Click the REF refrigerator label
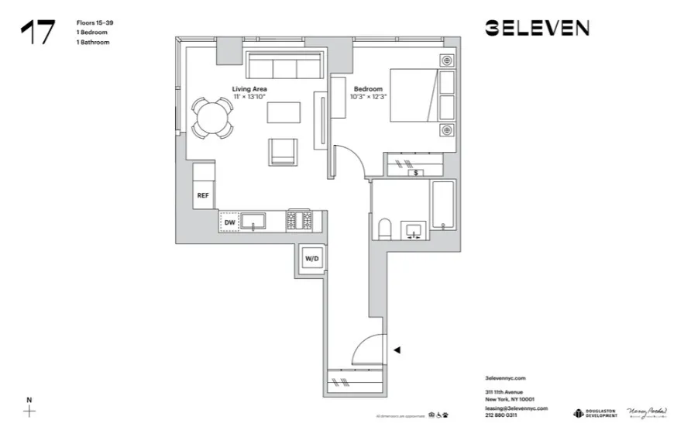203,195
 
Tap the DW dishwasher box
229,223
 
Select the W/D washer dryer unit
312,259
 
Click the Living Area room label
250,89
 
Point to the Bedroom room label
368,89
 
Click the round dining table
211,119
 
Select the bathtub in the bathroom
444,205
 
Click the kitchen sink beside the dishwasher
253,222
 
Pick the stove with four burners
300,222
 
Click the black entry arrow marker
397,350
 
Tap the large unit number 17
38,32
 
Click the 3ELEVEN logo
537,29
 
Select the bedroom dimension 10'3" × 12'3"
369,98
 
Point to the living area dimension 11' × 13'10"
250,98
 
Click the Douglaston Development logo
596,414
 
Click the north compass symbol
29,410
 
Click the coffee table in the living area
284,113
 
